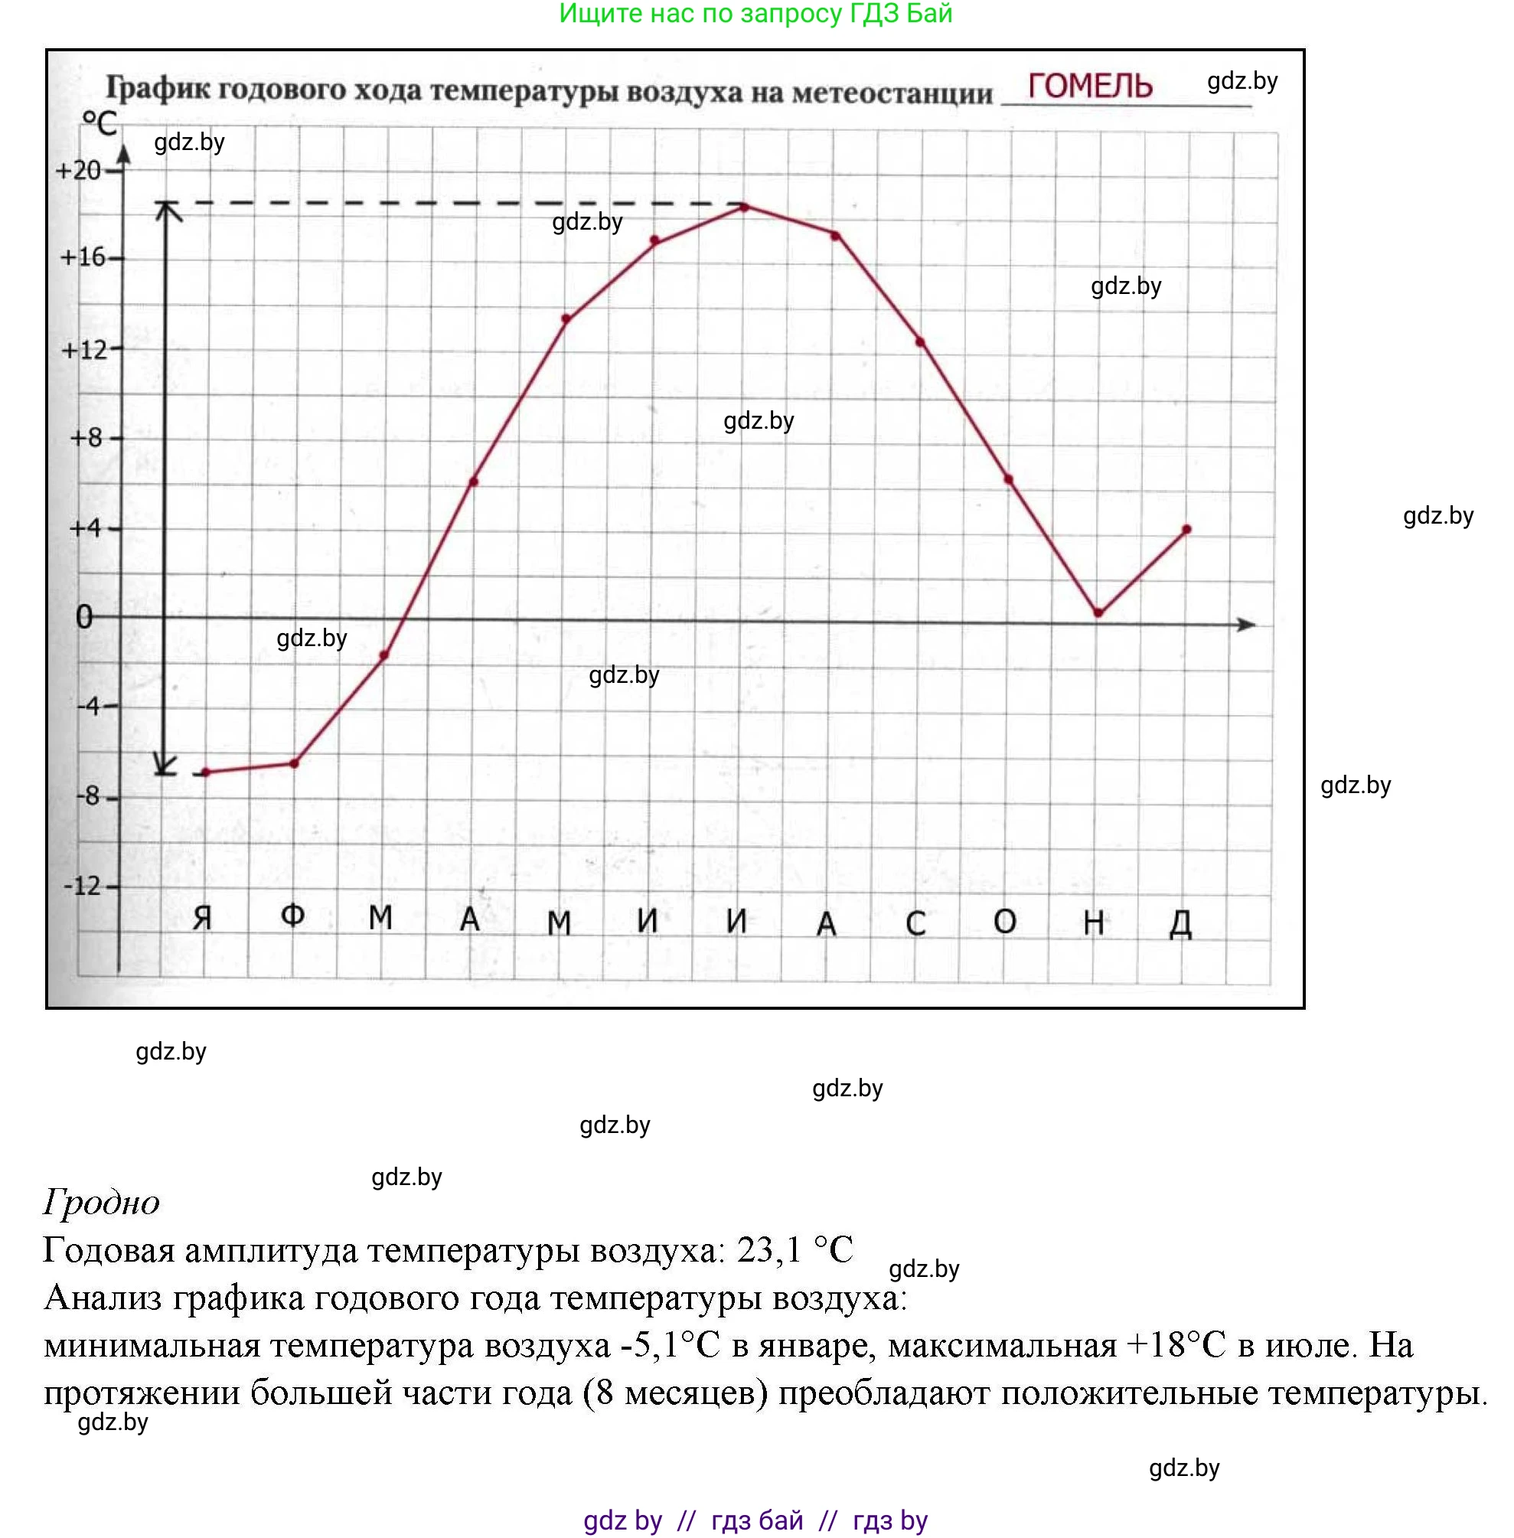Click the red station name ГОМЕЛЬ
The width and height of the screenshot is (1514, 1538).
1089,86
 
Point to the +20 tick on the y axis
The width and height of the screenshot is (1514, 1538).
79,170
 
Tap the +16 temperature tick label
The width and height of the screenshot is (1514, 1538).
83,257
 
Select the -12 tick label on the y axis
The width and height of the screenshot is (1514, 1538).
83,886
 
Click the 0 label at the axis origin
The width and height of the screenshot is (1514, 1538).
84,617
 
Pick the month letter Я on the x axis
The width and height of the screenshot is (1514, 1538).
203,919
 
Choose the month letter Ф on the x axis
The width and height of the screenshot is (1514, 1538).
292,916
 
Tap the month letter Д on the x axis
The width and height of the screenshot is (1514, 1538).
1181,923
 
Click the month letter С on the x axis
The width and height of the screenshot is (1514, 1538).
916,923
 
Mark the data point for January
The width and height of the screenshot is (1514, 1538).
206,772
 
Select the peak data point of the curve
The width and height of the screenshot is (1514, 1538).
745,207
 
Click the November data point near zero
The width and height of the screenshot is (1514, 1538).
1098,613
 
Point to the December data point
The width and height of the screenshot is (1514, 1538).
1186,529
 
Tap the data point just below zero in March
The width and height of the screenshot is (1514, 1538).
384,655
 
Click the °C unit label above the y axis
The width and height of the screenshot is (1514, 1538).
100,124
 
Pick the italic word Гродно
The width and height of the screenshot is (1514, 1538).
102,1202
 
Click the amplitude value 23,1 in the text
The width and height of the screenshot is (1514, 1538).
769,1250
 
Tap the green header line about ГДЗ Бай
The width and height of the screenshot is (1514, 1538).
755,14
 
